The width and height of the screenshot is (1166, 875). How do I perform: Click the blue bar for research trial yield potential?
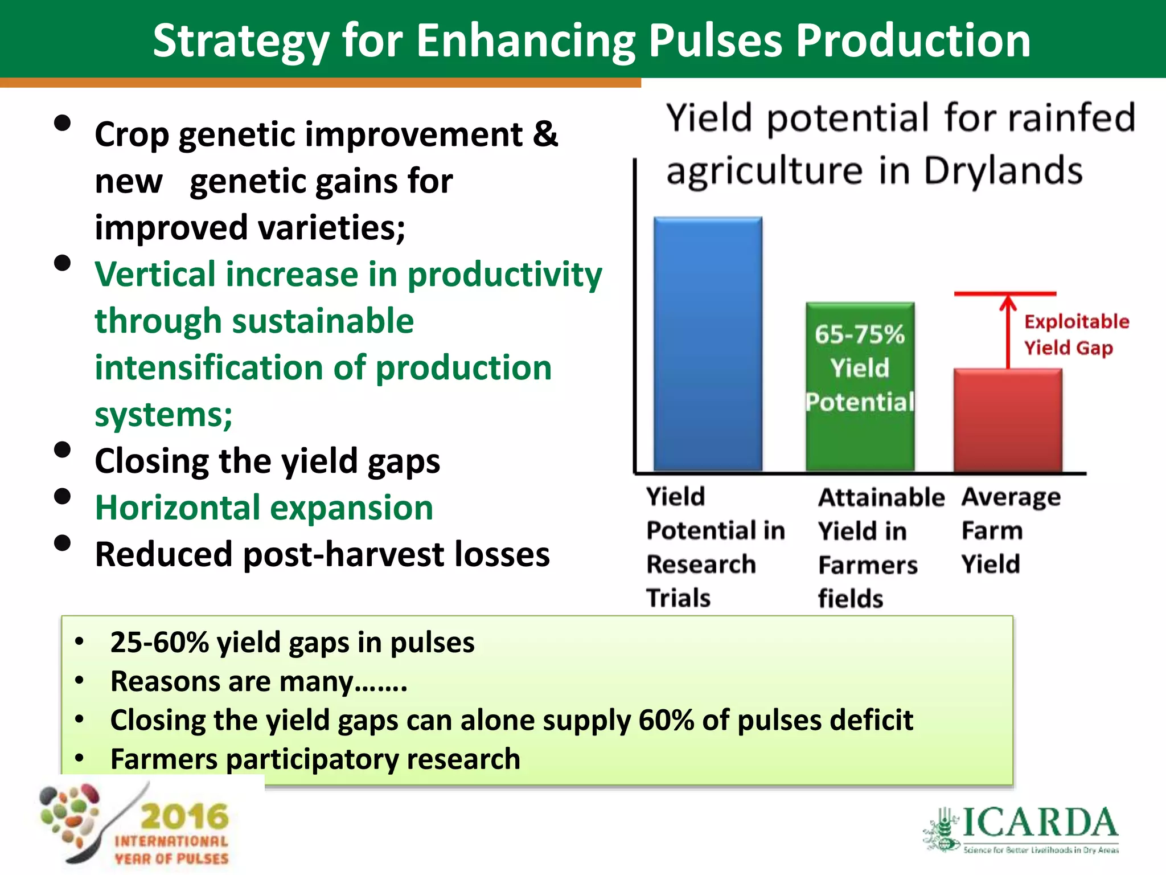click(708, 344)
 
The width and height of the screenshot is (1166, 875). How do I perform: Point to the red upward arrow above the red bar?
click(1008, 330)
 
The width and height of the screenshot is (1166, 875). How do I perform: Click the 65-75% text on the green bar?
click(860, 334)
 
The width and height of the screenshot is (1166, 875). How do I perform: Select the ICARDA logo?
click(1022, 829)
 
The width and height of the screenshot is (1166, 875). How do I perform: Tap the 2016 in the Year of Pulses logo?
click(184, 816)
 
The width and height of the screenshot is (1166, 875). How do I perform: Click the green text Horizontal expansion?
click(264, 508)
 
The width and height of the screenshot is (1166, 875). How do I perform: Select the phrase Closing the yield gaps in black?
click(267, 461)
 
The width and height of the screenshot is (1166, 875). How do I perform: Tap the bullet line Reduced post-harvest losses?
click(322, 554)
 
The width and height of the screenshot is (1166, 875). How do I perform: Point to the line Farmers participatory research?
click(315, 759)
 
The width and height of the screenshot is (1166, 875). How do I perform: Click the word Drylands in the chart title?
click(1002, 171)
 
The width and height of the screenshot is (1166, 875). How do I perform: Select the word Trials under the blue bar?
click(679, 598)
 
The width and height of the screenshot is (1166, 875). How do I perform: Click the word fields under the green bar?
click(851, 599)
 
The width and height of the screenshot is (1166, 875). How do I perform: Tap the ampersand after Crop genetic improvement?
click(545, 134)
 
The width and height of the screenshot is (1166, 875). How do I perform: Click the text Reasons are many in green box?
click(258, 681)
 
